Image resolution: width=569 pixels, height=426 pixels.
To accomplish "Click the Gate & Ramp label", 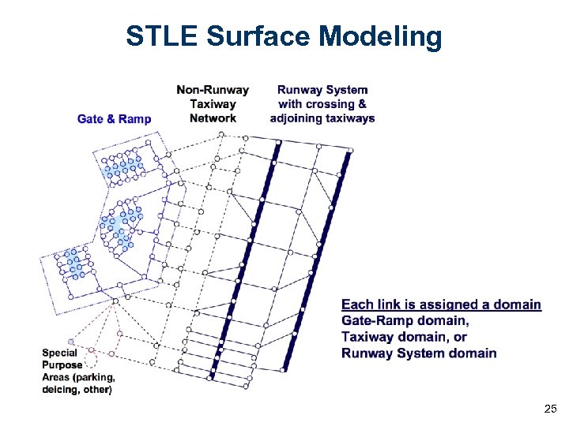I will pyautogui.click(x=114, y=119).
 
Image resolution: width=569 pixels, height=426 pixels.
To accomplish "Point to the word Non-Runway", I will pyautogui.click(x=213, y=90).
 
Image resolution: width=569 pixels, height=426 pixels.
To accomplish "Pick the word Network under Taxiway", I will pyautogui.click(x=213, y=118).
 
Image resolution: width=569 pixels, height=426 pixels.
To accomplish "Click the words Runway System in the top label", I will pyautogui.click(x=322, y=90).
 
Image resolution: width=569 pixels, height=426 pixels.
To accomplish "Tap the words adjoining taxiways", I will pyautogui.click(x=322, y=118).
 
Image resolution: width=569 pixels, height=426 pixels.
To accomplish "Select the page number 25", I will pyautogui.click(x=550, y=409).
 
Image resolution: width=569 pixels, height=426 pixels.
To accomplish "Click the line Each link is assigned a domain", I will pyautogui.click(x=441, y=305).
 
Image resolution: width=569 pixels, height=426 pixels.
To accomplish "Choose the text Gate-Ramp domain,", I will pyautogui.click(x=405, y=320).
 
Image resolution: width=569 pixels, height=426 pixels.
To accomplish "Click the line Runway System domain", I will pyautogui.click(x=419, y=353).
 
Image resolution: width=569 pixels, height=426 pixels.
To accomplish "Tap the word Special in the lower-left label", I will pyautogui.click(x=59, y=353).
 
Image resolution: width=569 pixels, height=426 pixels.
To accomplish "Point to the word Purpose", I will pyautogui.click(x=62, y=365).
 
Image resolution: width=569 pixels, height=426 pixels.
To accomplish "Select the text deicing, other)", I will pyautogui.click(x=77, y=389).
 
